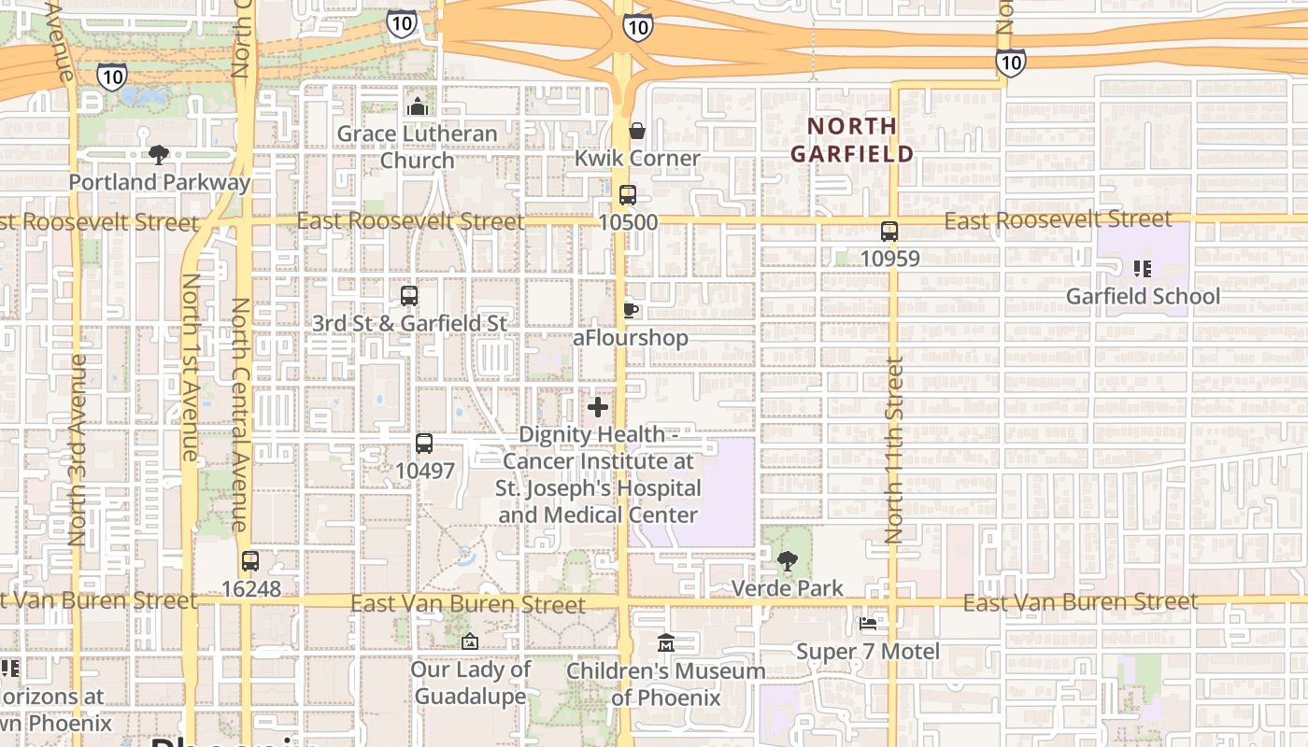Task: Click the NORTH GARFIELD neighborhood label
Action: (x=851, y=139)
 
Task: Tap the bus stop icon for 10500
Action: (x=628, y=195)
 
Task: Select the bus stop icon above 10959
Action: (x=889, y=231)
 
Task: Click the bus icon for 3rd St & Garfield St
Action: (x=408, y=296)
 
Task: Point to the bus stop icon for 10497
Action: (x=424, y=444)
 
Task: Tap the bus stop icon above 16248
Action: (x=249, y=561)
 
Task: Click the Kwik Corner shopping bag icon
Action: (x=637, y=131)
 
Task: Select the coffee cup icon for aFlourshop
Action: (x=631, y=310)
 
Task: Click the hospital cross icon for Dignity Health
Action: (x=598, y=407)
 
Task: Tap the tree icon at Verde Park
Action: (x=788, y=560)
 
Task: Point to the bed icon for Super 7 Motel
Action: (x=868, y=623)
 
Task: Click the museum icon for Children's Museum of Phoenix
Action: (x=665, y=642)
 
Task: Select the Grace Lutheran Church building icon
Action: (x=418, y=106)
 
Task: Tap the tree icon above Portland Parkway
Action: (x=159, y=154)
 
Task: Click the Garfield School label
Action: (x=1143, y=296)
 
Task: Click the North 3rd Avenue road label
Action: (x=78, y=449)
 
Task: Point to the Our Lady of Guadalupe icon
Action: (x=470, y=641)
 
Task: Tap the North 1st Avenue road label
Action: (x=190, y=367)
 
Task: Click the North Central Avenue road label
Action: (x=240, y=414)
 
